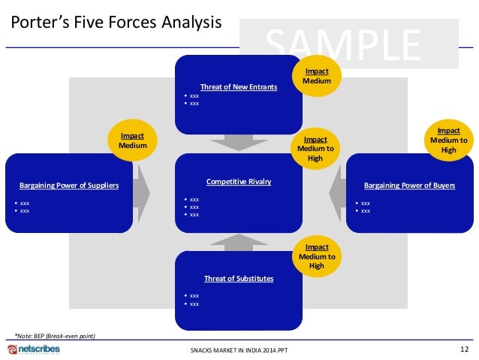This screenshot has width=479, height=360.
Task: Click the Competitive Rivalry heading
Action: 238,182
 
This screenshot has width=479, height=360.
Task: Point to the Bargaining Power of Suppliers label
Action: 69,185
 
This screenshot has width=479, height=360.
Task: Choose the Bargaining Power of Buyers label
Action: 409,185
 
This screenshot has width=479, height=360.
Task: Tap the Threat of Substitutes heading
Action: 238,279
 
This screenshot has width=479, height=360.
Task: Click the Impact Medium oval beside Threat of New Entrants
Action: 316,76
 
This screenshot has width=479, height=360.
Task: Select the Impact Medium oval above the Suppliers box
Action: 133,141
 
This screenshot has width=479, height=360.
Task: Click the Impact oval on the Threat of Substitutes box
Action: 316,256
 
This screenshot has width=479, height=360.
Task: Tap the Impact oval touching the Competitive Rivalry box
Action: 316,148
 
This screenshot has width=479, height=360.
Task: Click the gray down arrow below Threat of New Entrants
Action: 238,142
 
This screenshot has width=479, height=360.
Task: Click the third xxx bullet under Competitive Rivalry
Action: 194,214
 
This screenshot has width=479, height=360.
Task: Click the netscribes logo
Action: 37,350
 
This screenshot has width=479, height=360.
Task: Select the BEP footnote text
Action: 55,335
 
